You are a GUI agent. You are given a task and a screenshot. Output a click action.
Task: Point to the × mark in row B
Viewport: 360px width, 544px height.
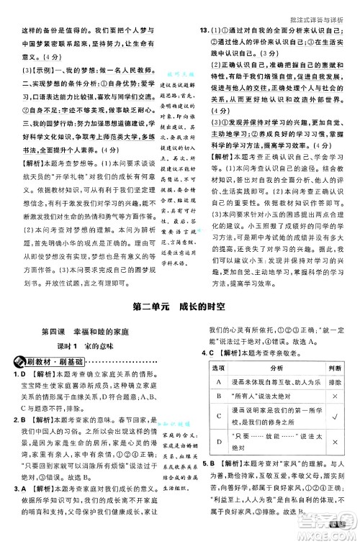[334, 396]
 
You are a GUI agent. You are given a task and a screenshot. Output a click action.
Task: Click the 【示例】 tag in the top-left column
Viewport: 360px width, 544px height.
[29, 70]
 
